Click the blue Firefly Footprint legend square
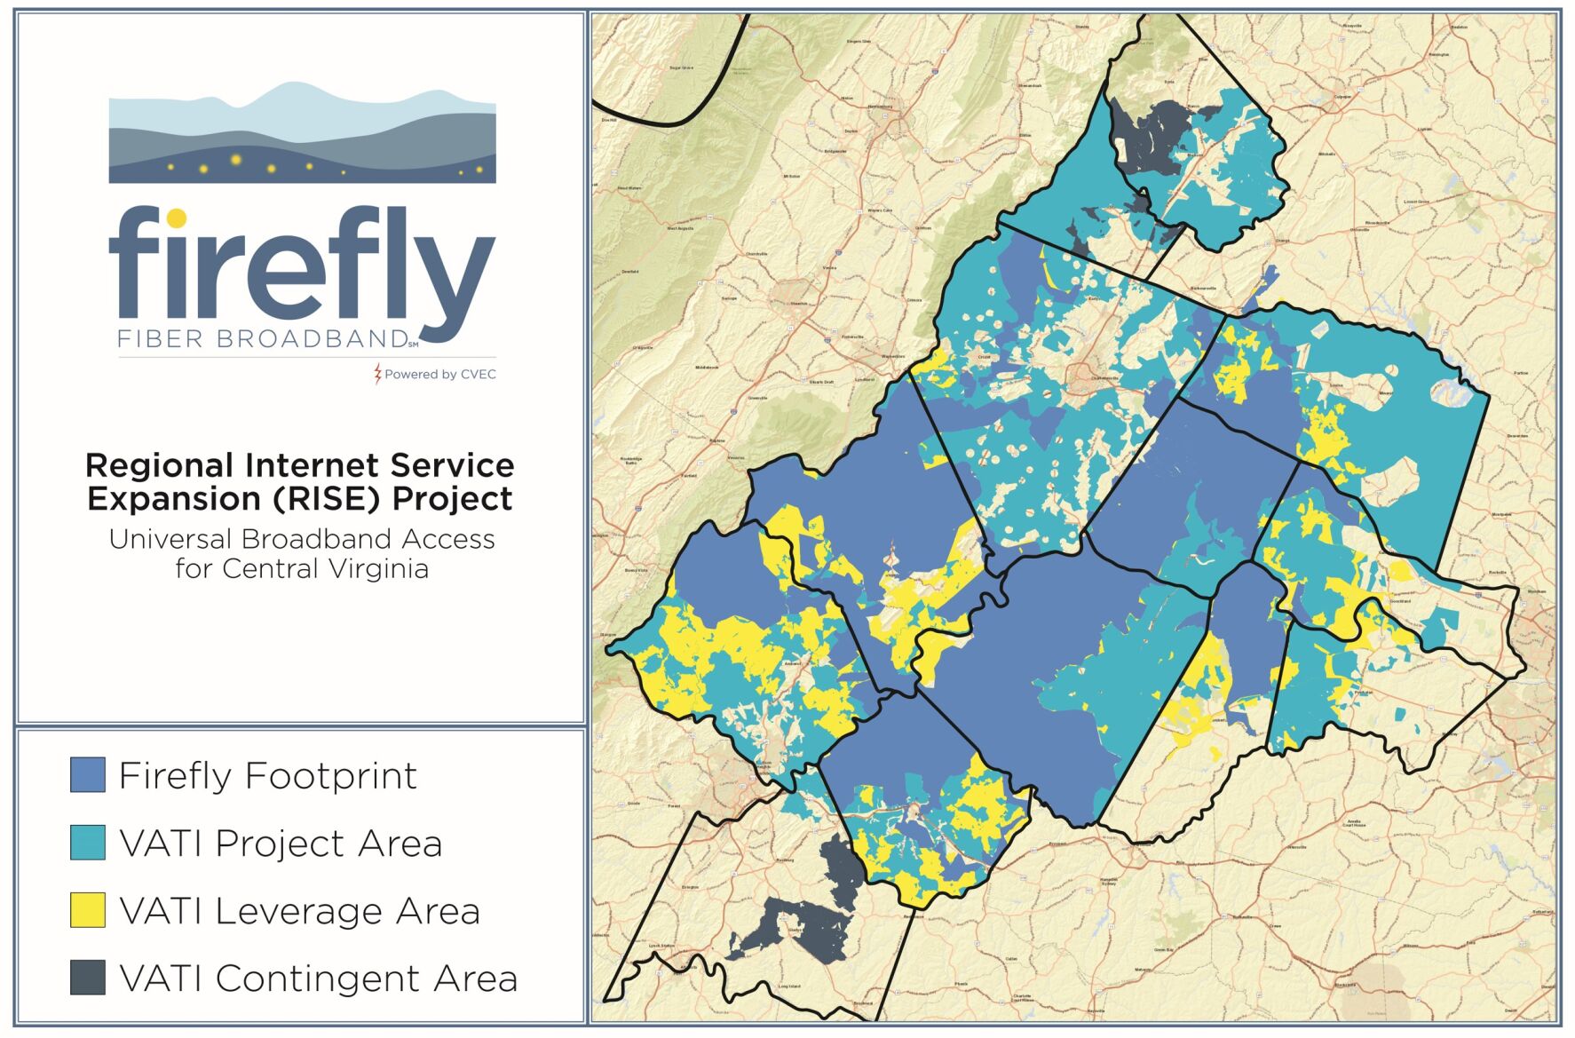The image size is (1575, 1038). pos(88,774)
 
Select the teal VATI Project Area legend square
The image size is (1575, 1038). pos(88,842)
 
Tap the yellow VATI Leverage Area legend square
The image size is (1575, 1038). pos(88,910)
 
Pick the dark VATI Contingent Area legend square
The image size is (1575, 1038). pos(88,977)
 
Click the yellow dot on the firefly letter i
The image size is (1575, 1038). pos(177,218)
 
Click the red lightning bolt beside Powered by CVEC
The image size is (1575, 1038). pos(378,374)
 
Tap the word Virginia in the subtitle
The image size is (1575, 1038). pos(376,568)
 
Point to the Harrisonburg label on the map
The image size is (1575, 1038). pos(879,107)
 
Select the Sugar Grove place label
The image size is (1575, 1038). pos(681,67)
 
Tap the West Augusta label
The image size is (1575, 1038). pos(681,228)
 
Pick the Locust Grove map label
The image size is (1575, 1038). pos(1416,202)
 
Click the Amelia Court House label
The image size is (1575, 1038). pos(1355,823)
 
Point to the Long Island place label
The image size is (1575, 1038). pos(789,986)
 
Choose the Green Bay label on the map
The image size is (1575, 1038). pos(1164,949)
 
